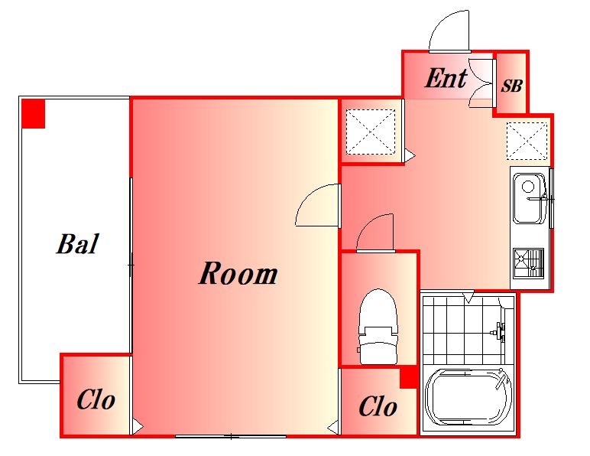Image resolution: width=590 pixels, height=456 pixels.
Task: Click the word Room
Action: click(238, 273)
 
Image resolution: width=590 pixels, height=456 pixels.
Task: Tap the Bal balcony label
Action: click(78, 243)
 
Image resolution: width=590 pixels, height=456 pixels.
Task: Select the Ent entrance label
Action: click(446, 78)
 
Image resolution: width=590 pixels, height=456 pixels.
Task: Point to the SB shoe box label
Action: click(511, 86)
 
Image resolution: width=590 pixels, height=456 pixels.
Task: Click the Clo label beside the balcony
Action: click(96, 399)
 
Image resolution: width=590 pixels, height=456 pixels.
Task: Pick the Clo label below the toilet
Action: click(378, 407)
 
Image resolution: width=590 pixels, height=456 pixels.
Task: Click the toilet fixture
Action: click(378, 326)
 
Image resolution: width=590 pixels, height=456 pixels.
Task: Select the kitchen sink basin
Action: click(530, 198)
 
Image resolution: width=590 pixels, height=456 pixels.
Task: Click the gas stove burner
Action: click(529, 263)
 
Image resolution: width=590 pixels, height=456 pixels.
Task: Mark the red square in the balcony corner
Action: click(33, 113)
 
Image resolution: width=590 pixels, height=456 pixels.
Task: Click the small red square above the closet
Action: click(408, 378)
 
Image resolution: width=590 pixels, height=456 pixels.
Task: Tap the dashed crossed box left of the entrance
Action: click(371, 132)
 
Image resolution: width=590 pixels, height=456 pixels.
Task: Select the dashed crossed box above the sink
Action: click(527, 141)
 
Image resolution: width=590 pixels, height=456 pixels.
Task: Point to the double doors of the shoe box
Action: click(481, 83)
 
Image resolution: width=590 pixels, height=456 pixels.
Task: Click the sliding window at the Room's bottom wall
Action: click(231, 436)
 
